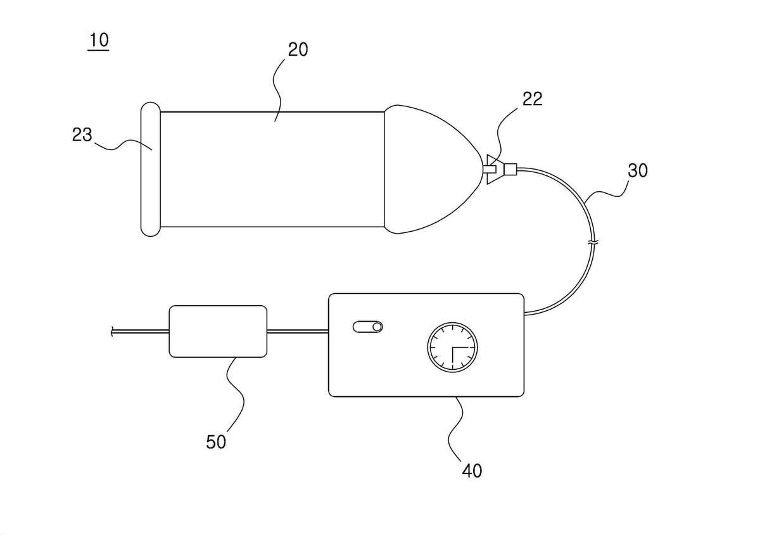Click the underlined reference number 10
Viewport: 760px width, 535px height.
point(99,40)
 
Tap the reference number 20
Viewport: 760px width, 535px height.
point(298,50)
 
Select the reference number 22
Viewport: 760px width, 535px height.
point(533,99)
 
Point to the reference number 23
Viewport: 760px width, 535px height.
point(82,135)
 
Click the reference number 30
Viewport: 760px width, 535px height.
point(638,170)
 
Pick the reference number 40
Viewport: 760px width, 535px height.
point(472,471)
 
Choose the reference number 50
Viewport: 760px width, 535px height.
point(216,442)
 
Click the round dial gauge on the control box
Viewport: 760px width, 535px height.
point(452,348)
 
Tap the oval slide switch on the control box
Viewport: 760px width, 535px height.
point(368,327)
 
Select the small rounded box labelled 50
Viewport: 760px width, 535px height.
point(218,331)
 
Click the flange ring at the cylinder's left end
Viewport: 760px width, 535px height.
point(150,169)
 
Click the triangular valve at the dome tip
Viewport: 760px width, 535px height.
point(493,169)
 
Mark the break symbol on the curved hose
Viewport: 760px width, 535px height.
point(593,242)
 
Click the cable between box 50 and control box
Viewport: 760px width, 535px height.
point(298,330)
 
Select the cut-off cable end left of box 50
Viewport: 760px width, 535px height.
point(112,331)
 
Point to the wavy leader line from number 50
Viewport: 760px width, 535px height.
point(234,394)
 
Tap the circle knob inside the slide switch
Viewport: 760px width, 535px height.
point(377,327)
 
